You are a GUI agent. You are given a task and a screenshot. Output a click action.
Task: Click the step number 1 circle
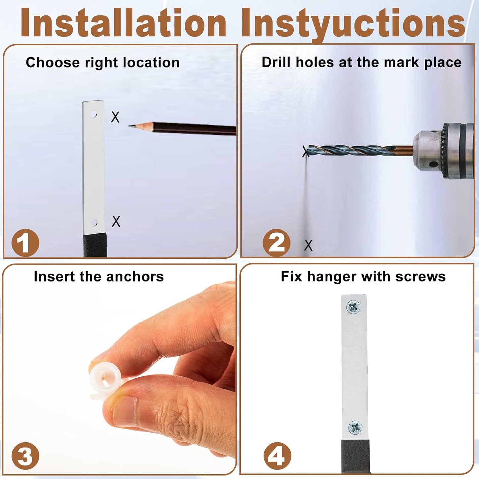pyautogui.click(x=25, y=243)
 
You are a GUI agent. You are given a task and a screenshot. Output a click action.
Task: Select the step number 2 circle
pyautogui.click(x=276, y=243)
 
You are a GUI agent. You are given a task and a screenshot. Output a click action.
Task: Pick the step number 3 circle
pyautogui.click(x=25, y=456)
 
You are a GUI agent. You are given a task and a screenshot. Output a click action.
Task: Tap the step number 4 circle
pyautogui.click(x=277, y=456)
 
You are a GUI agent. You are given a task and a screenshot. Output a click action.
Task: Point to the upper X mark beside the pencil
pyautogui.click(x=115, y=117)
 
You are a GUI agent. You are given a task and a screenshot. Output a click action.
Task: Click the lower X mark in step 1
pyautogui.click(x=116, y=221)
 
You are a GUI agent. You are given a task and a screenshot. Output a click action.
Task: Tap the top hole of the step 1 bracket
pyautogui.click(x=94, y=115)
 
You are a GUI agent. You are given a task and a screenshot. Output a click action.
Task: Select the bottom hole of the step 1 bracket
pyautogui.click(x=94, y=223)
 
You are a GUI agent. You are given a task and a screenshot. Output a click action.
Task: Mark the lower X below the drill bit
pyautogui.click(x=308, y=245)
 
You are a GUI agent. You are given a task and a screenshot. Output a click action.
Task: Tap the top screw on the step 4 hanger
pyautogui.click(x=353, y=307)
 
